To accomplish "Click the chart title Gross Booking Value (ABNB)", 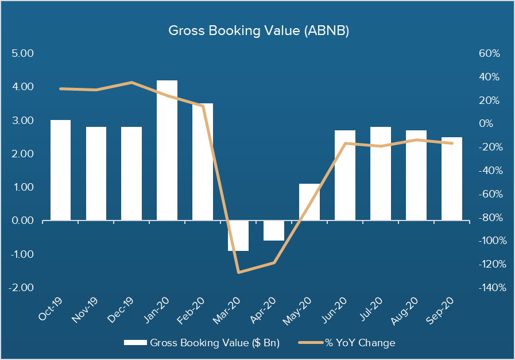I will (258, 31).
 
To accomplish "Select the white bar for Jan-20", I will (167, 150).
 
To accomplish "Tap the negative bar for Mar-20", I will (238, 235).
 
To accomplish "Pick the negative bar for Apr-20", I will (274, 230).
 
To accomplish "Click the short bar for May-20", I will (309, 202).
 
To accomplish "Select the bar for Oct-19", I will (60, 170).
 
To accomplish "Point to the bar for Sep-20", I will (452, 179).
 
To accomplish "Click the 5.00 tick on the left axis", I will (23, 53).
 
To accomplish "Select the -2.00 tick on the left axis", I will (22, 288).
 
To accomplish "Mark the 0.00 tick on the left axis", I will (23, 220).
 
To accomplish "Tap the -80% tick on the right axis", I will (491, 218).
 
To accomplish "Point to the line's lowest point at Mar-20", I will (238, 272).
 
